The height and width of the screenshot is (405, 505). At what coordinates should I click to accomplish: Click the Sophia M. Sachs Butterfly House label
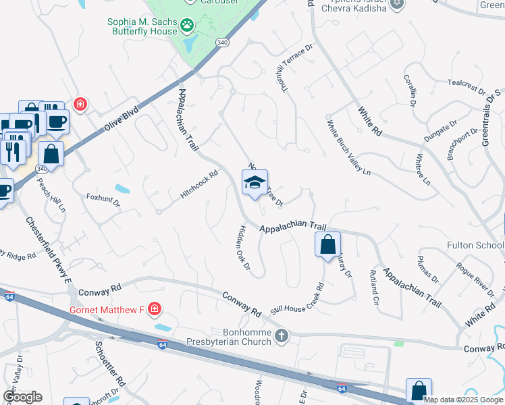tap(142, 26)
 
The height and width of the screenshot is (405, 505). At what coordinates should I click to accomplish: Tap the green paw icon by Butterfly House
tap(187, 26)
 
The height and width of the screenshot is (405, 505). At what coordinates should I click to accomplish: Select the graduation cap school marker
tap(255, 182)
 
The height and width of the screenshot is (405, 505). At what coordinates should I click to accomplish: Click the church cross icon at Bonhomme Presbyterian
tap(282, 335)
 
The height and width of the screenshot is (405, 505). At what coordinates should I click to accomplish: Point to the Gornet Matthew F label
tap(107, 310)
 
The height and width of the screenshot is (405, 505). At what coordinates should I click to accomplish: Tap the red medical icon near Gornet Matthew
tap(155, 310)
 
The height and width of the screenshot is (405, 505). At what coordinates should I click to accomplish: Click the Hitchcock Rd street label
tap(199, 184)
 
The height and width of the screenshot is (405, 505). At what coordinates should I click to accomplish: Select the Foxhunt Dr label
tap(103, 200)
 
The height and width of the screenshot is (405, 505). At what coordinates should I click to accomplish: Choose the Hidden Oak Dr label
tap(241, 248)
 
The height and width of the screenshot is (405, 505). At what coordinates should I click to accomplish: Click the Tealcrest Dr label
tap(467, 88)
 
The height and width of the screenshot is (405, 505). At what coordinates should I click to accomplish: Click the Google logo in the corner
tap(23, 397)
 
